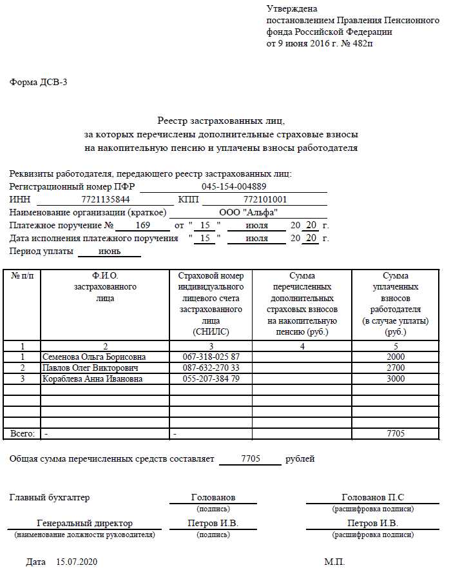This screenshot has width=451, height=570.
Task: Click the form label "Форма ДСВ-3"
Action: coord(38,82)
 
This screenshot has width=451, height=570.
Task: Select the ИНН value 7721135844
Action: coord(106,199)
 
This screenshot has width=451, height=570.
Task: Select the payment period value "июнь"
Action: coord(110,251)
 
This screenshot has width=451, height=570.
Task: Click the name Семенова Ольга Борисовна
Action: coord(94,357)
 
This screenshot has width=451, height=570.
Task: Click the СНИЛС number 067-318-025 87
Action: coord(211,357)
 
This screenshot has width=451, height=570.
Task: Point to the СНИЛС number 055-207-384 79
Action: coord(211,378)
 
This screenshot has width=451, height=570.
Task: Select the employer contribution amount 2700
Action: coord(396,368)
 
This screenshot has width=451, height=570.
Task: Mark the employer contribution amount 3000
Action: coord(396,378)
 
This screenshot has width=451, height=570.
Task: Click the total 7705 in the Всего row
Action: coord(396,433)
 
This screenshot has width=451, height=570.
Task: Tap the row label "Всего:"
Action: coord(22,433)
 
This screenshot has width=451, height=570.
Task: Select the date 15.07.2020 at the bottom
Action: coord(77,562)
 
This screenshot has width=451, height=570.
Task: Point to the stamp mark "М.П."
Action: coord(334,562)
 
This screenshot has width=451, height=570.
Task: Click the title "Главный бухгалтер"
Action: coord(50,497)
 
